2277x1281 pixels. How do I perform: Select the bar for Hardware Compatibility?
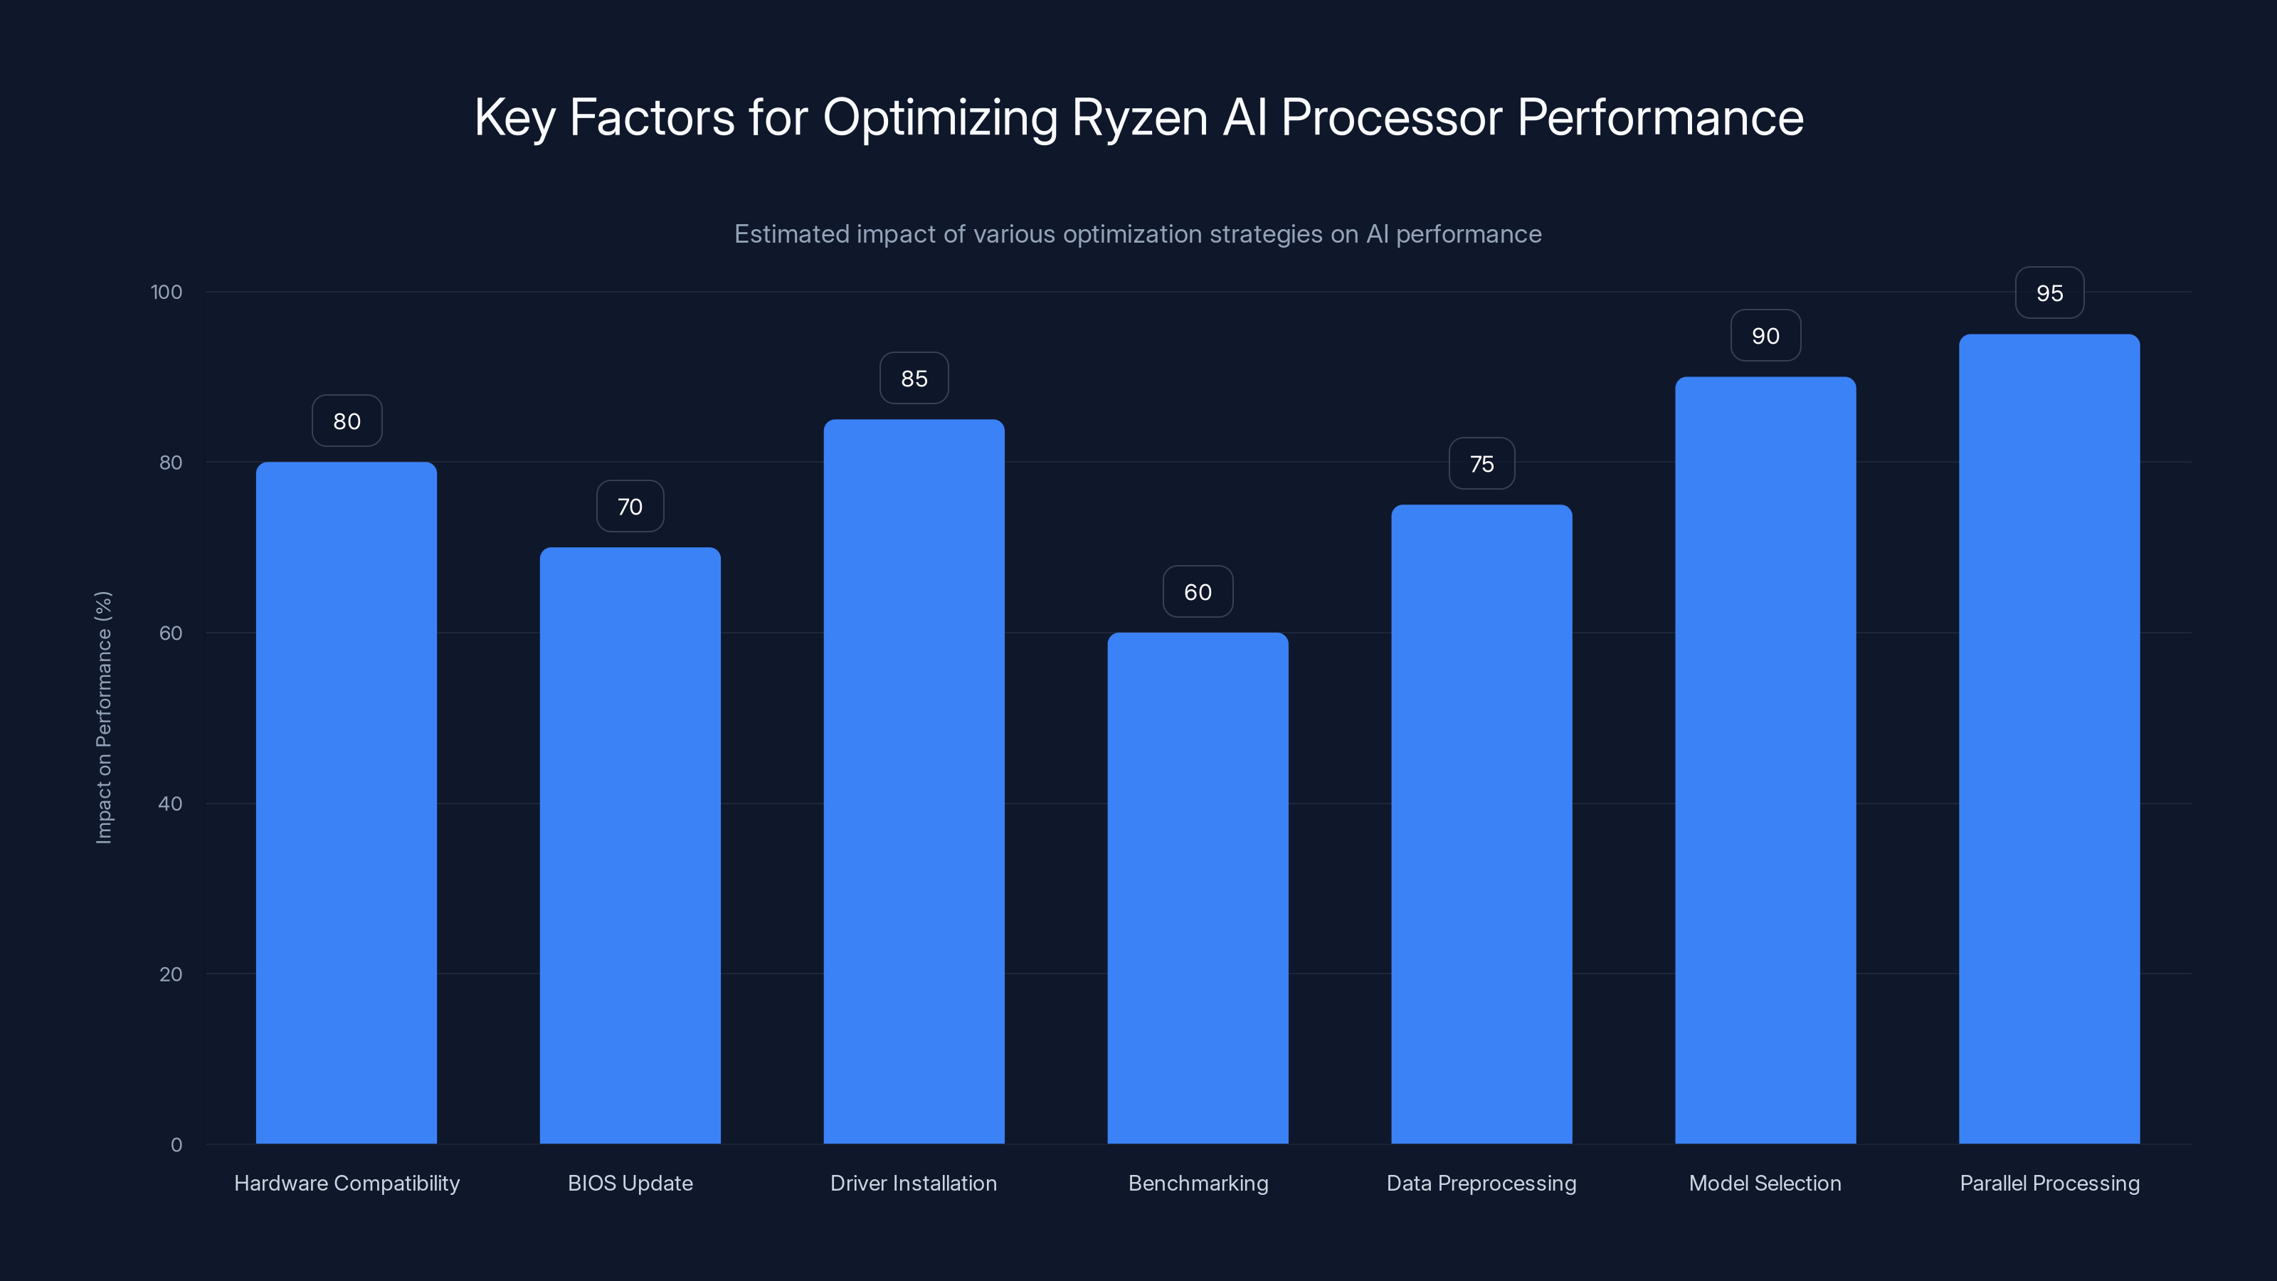pos(347,803)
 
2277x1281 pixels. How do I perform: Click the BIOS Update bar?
pos(630,845)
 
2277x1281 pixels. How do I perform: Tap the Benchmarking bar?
pos(1198,887)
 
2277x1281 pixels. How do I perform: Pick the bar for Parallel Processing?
pos(2049,739)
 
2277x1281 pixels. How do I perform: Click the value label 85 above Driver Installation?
pos(914,379)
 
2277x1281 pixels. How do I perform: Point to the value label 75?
pos(1481,464)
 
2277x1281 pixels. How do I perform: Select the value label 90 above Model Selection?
pos(1765,336)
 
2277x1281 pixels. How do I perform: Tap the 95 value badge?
pos(2049,293)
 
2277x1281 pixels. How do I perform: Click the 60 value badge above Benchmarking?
pos(1198,592)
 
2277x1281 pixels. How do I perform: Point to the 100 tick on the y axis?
pos(167,292)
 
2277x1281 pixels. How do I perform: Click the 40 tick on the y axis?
pos(170,803)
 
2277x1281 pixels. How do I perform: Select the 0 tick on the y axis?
pos(176,1145)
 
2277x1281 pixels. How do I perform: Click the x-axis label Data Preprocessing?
pos(1481,1183)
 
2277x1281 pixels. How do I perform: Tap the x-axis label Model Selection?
pos(1765,1183)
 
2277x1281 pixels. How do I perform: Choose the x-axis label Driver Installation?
pos(913,1183)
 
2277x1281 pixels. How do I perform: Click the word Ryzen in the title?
pos(1138,118)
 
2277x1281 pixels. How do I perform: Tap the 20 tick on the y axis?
pos(170,974)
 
